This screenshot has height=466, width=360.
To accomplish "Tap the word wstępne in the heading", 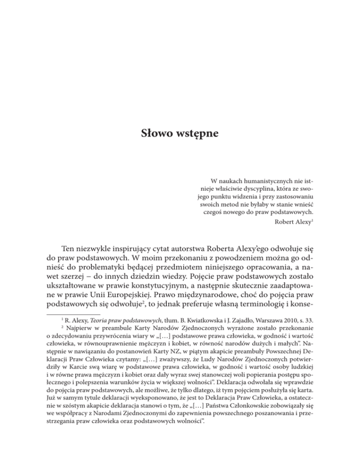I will pyautogui.click(x=198, y=133).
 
